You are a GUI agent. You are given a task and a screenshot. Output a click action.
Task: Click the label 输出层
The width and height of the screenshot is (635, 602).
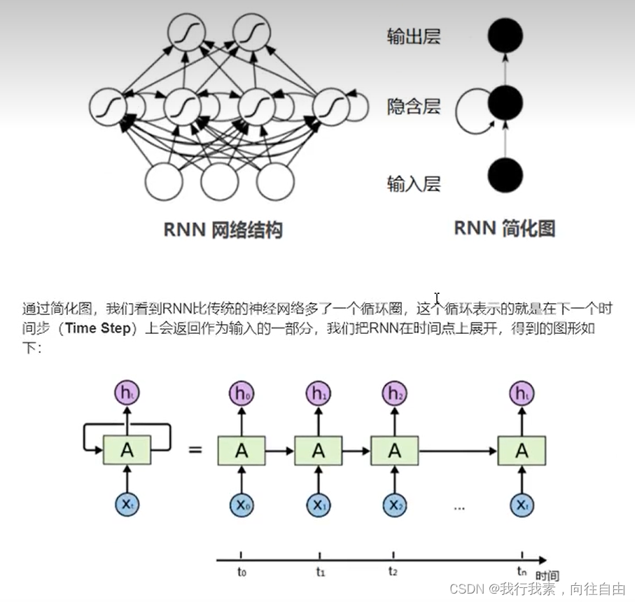[413, 36]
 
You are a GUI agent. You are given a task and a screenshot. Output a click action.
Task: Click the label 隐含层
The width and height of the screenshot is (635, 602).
[413, 106]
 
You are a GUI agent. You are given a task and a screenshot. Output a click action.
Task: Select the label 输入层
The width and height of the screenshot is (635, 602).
[413, 183]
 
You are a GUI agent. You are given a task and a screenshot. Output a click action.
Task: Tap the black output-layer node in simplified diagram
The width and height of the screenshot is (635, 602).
[505, 34]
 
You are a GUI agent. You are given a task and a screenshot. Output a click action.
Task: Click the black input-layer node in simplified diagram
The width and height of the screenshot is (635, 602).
[505, 174]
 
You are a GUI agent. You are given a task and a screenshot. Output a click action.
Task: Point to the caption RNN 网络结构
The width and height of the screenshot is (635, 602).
[223, 230]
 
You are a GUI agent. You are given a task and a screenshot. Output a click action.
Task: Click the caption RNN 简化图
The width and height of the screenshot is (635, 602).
[504, 228]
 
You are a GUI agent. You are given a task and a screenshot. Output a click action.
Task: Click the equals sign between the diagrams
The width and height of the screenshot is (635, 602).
[195, 449]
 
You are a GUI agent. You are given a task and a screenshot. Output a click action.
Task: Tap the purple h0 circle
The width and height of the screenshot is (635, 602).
[242, 394]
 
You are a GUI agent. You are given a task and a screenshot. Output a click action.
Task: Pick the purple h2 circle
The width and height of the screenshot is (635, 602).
[394, 394]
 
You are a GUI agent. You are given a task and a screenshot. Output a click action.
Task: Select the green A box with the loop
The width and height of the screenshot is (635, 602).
[127, 449]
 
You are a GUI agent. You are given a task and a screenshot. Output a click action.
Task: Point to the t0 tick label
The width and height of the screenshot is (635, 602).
[242, 572]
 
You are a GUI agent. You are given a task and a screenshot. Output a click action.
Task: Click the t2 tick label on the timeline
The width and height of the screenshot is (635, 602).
[393, 572]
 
